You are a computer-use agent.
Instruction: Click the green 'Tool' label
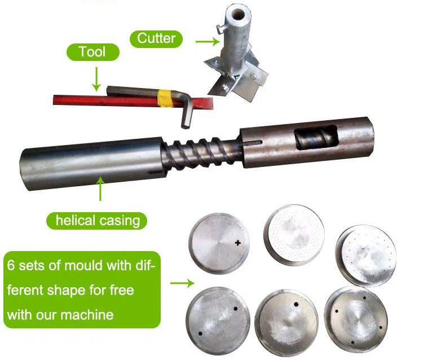point(93,52)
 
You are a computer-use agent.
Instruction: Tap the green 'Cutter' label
point(156,38)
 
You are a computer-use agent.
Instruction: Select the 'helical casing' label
point(97,219)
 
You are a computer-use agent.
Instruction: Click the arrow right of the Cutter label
point(205,40)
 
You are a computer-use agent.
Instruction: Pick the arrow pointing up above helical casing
point(100,189)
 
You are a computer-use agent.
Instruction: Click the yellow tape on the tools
point(165,98)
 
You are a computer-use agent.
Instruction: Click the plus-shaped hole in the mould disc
point(237,243)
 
